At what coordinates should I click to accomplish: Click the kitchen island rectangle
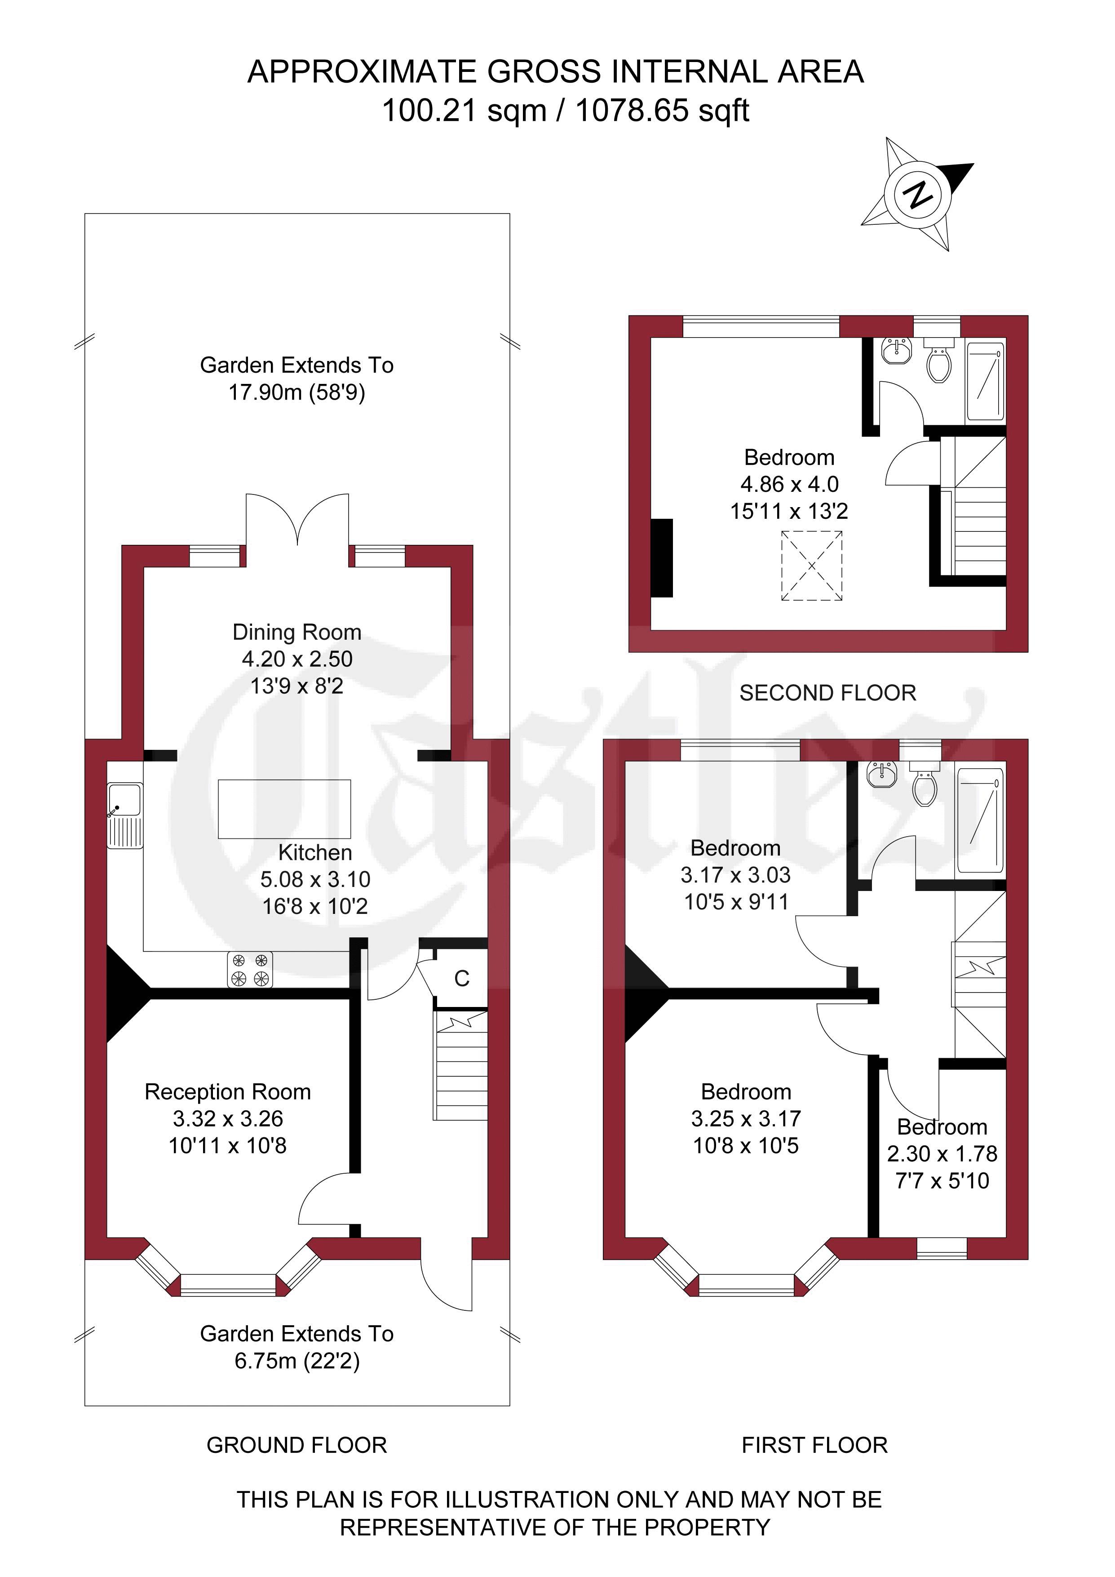284,809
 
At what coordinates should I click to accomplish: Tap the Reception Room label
228,1091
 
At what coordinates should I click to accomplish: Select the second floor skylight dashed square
811,566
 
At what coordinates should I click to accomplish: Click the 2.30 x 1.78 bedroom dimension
942,1154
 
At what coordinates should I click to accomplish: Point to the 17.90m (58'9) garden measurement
296,392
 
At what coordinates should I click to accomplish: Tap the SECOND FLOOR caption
828,693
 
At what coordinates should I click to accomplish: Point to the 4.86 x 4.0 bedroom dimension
790,484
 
